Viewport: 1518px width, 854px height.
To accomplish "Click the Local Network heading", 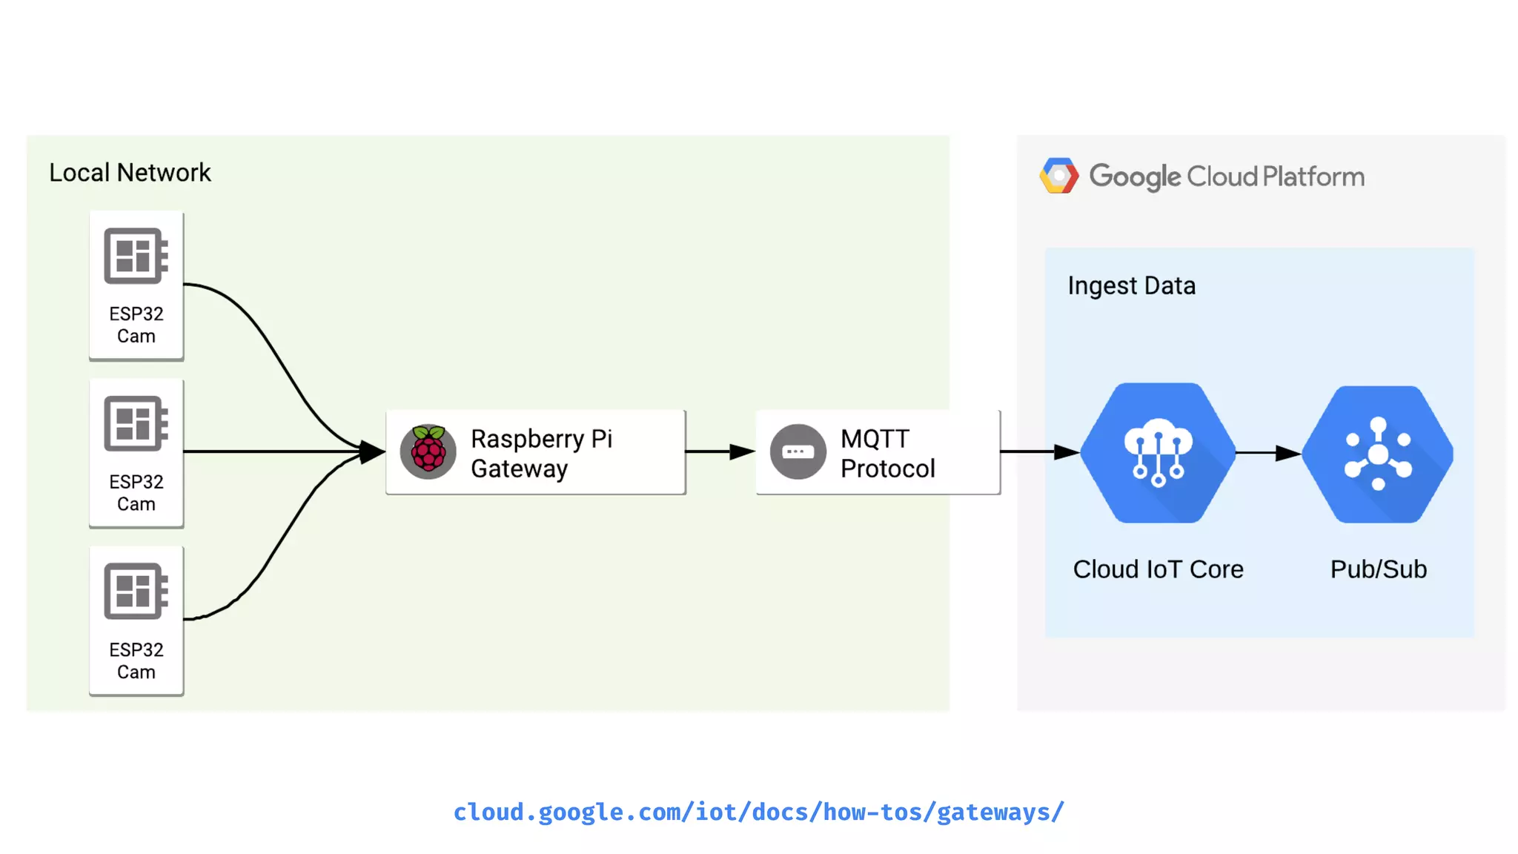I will pos(130,173).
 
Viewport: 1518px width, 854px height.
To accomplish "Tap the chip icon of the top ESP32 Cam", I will pos(136,256).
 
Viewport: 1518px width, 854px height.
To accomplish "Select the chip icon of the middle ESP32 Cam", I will pos(136,423).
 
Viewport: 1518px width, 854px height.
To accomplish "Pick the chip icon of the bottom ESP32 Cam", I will pos(136,591).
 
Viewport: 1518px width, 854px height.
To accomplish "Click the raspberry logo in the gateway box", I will pos(428,451).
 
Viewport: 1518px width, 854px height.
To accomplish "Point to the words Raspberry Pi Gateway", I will pos(541,453).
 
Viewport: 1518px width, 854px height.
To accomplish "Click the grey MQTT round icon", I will pos(798,451).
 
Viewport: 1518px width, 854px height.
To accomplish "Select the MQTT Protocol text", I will pos(887,453).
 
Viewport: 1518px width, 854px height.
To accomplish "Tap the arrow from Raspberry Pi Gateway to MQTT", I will pos(720,451).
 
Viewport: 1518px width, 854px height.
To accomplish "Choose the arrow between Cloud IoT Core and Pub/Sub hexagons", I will pos(1268,452).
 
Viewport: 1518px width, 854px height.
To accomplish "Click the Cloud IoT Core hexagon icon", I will pos(1158,452).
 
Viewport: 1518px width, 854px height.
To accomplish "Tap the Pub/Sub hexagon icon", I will pos(1378,454).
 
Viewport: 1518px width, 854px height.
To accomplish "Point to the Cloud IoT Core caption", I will pos(1158,569).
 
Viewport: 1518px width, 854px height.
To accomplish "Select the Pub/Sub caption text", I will pos(1378,569).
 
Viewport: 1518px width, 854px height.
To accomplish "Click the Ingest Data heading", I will pos(1131,285).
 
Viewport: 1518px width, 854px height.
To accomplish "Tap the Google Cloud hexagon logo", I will pos(1059,176).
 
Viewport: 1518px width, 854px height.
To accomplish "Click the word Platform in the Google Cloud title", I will pos(1313,176).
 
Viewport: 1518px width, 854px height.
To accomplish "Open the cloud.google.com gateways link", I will pos(758,812).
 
